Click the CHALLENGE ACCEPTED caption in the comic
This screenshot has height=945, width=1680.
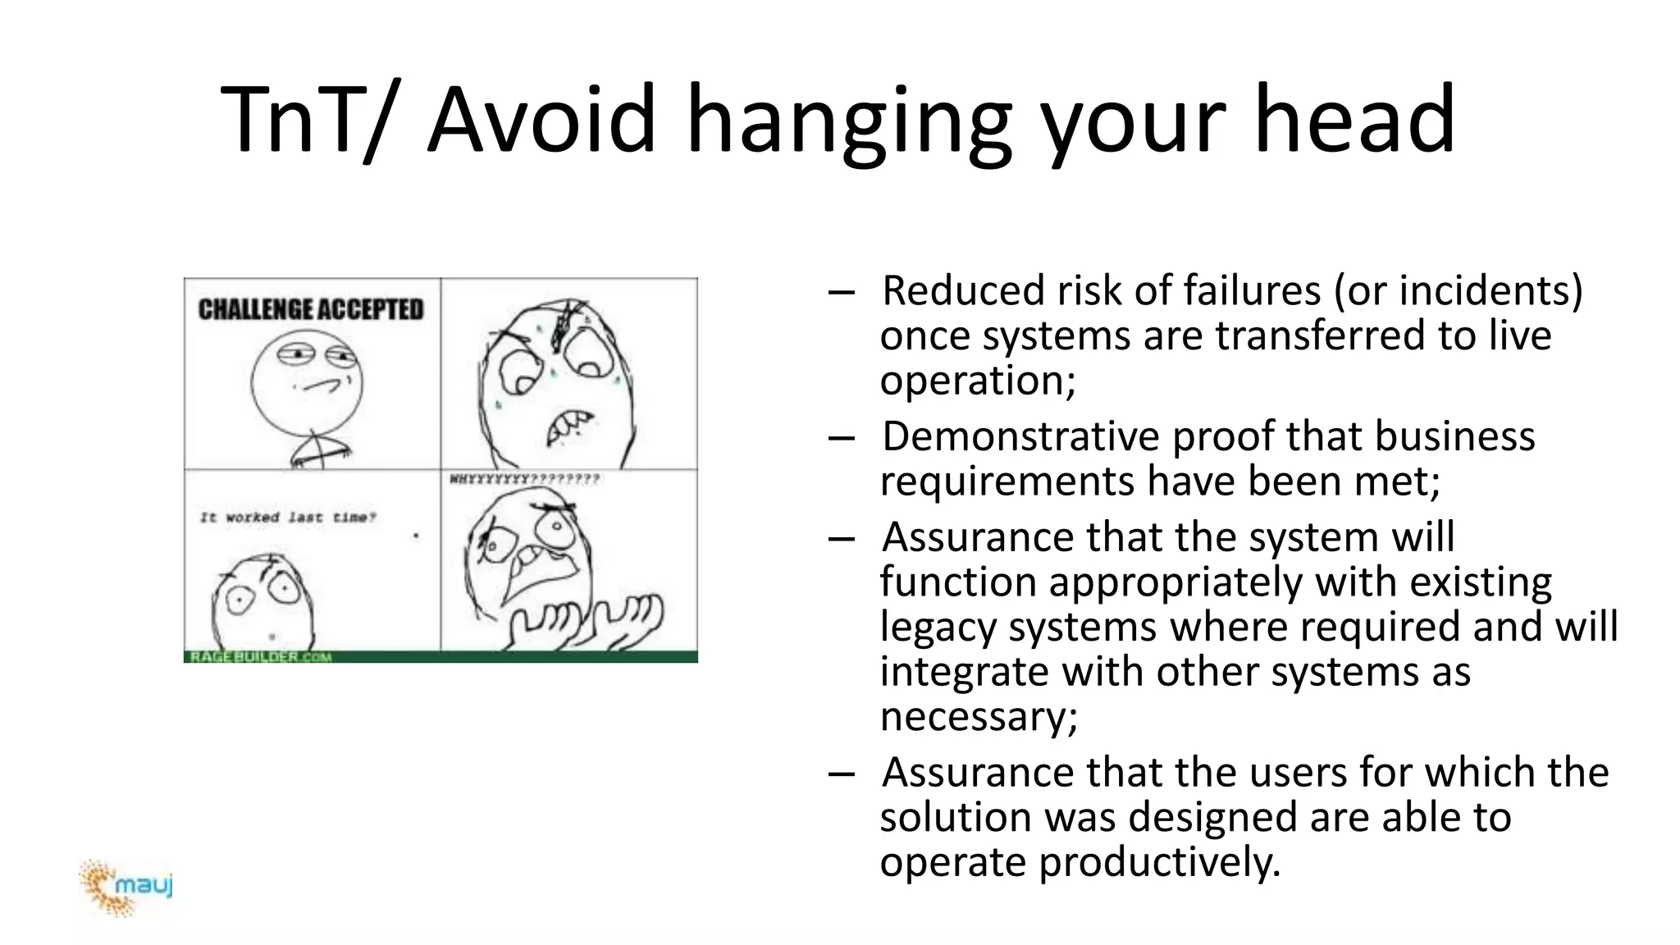311,309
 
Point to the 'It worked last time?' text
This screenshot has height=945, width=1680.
288,518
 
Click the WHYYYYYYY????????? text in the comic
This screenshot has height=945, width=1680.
524,479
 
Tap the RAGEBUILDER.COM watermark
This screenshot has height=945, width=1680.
261,656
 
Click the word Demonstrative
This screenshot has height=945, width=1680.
1020,436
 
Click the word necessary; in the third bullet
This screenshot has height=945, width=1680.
979,716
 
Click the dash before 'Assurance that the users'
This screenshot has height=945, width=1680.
841,773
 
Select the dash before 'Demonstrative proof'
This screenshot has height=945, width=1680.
841,437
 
